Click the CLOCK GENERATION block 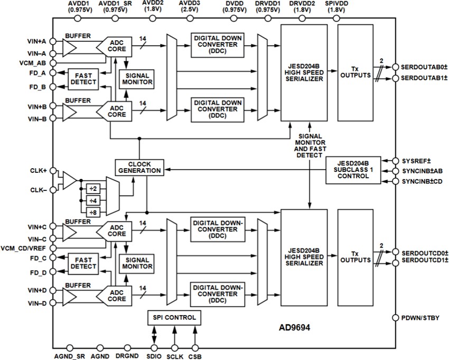[x=138, y=167]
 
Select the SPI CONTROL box [x=173, y=318]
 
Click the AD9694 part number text [x=294, y=328]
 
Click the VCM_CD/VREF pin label [x=24, y=248]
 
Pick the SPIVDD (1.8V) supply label [x=336, y=6]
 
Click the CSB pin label [x=195, y=356]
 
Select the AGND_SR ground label [x=69, y=356]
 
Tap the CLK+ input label [x=38, y=171]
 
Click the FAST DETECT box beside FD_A [x=83, y=78]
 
